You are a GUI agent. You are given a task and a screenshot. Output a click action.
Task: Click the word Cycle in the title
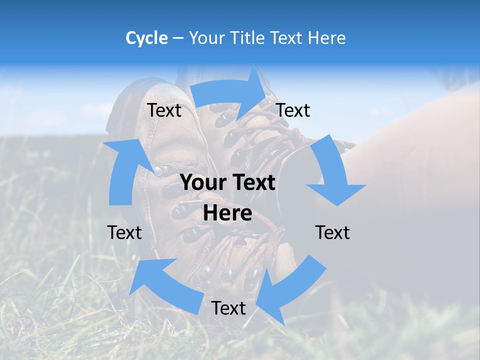click(146, 38)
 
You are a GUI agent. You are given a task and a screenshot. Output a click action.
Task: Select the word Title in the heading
click(250, 38)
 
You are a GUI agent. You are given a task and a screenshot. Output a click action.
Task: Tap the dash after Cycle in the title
click(178, 38)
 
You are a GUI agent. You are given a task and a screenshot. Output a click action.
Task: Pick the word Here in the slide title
click(328, 38)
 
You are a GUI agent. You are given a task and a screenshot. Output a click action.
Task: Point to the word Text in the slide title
click(288, 38)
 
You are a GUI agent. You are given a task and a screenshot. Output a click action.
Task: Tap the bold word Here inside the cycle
click(227, 213)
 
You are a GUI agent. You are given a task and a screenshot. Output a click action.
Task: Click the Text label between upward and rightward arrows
click(164, 110)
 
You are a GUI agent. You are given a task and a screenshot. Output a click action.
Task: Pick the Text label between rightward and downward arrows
click(293, 110)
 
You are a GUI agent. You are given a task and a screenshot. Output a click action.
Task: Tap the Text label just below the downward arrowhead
click(332, 232)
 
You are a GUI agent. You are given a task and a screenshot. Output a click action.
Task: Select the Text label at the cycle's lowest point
click(228, 308)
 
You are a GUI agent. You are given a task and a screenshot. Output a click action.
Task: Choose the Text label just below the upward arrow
click(124, 232)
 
